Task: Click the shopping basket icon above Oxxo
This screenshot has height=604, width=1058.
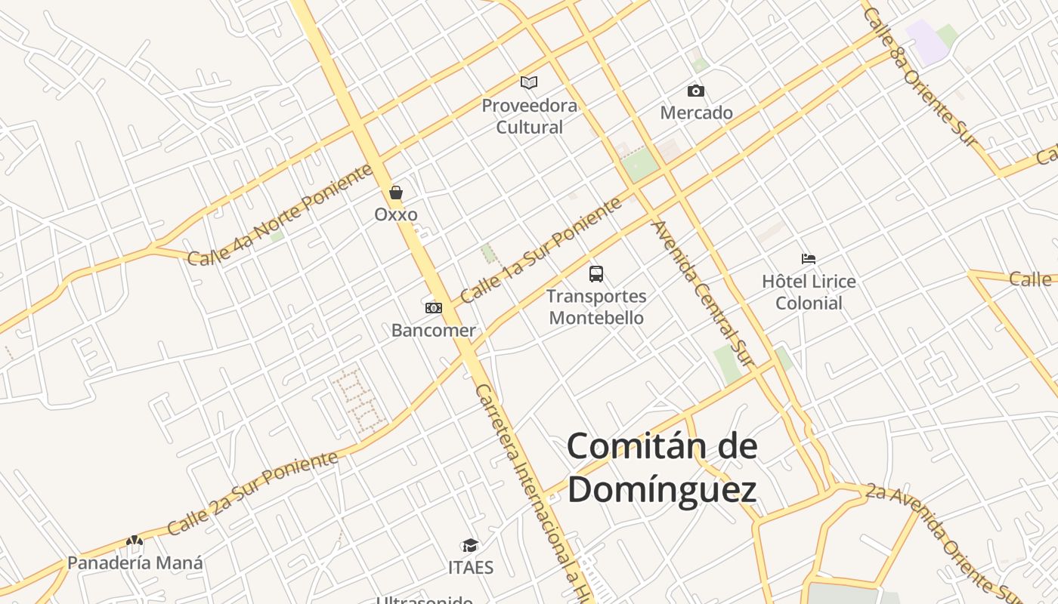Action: tap(396, 193)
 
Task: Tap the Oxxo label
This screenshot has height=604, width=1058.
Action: tap(396, 214)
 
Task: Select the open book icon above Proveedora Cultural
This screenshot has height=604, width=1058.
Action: tap(529, 82)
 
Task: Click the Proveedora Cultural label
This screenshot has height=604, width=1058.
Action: tap(529, 116)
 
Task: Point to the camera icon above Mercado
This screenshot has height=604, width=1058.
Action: tap(696, 91)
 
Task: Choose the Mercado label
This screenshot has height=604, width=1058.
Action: tap(696, 113)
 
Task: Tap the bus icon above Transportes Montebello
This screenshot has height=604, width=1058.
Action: tap(596, 274)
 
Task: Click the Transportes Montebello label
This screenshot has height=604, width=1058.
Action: tap(596, 307)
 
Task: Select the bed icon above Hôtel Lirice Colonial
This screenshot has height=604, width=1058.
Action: tap(809, 259)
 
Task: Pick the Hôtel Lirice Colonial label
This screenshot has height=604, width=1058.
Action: tap(809, 292)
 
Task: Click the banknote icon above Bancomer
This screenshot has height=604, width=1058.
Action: tap(434, 308)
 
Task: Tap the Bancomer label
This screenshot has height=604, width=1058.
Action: tap(434, 331)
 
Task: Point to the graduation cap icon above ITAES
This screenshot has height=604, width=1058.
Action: tap(471, 546)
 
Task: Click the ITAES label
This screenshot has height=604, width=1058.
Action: tap(471, 568)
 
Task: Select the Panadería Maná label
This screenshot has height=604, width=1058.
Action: tap(135, 563)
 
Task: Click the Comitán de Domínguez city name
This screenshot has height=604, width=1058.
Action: tap(662, 468)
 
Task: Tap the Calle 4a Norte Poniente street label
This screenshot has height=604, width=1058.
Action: tap(281, 214)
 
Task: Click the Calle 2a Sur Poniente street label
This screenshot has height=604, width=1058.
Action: tap(252, 492)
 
